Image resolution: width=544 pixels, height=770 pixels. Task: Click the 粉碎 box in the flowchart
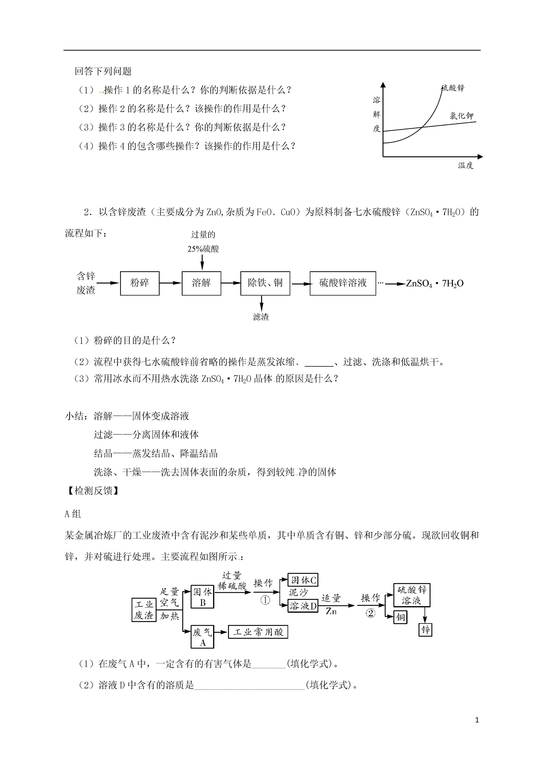coord(140,283)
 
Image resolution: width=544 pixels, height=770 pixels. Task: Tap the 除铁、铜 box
coord(265,283)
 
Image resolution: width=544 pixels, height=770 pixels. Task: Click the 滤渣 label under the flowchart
coord(261,317)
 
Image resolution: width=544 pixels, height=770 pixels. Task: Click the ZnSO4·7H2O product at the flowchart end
coord(435,284)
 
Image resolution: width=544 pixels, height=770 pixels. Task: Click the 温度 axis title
coord(466,165)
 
